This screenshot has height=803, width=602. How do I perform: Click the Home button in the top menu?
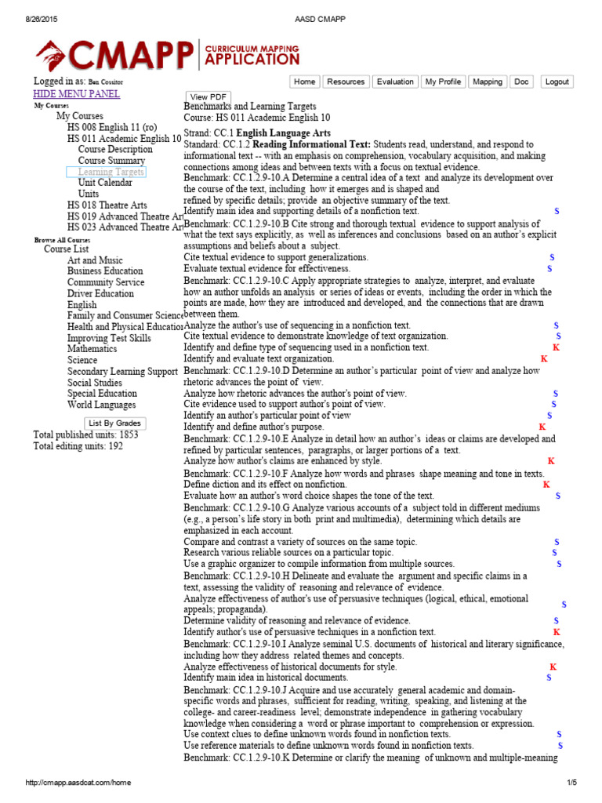(x=305, y=82)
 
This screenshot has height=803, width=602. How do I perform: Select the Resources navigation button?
(x=346, y=82)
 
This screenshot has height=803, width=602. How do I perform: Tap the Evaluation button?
(x=395, y=82)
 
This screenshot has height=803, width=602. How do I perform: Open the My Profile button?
(x=444, y=82)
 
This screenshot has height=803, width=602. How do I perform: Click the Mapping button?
(x=488, y=82)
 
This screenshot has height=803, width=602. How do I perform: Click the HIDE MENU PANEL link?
(x=77, y=94)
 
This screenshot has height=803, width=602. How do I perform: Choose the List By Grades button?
(x=115, y=423)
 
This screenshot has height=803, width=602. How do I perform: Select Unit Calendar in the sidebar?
(x=105, y=182)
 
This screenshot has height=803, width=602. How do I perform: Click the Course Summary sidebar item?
(x=111, y=161)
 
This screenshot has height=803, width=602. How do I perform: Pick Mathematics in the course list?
(x=92, y=349)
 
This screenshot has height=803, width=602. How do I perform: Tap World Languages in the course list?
(x=101, y=405)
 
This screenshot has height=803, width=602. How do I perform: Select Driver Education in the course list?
(x=106, y=293)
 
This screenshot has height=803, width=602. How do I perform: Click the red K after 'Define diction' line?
(x=546, y=485)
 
